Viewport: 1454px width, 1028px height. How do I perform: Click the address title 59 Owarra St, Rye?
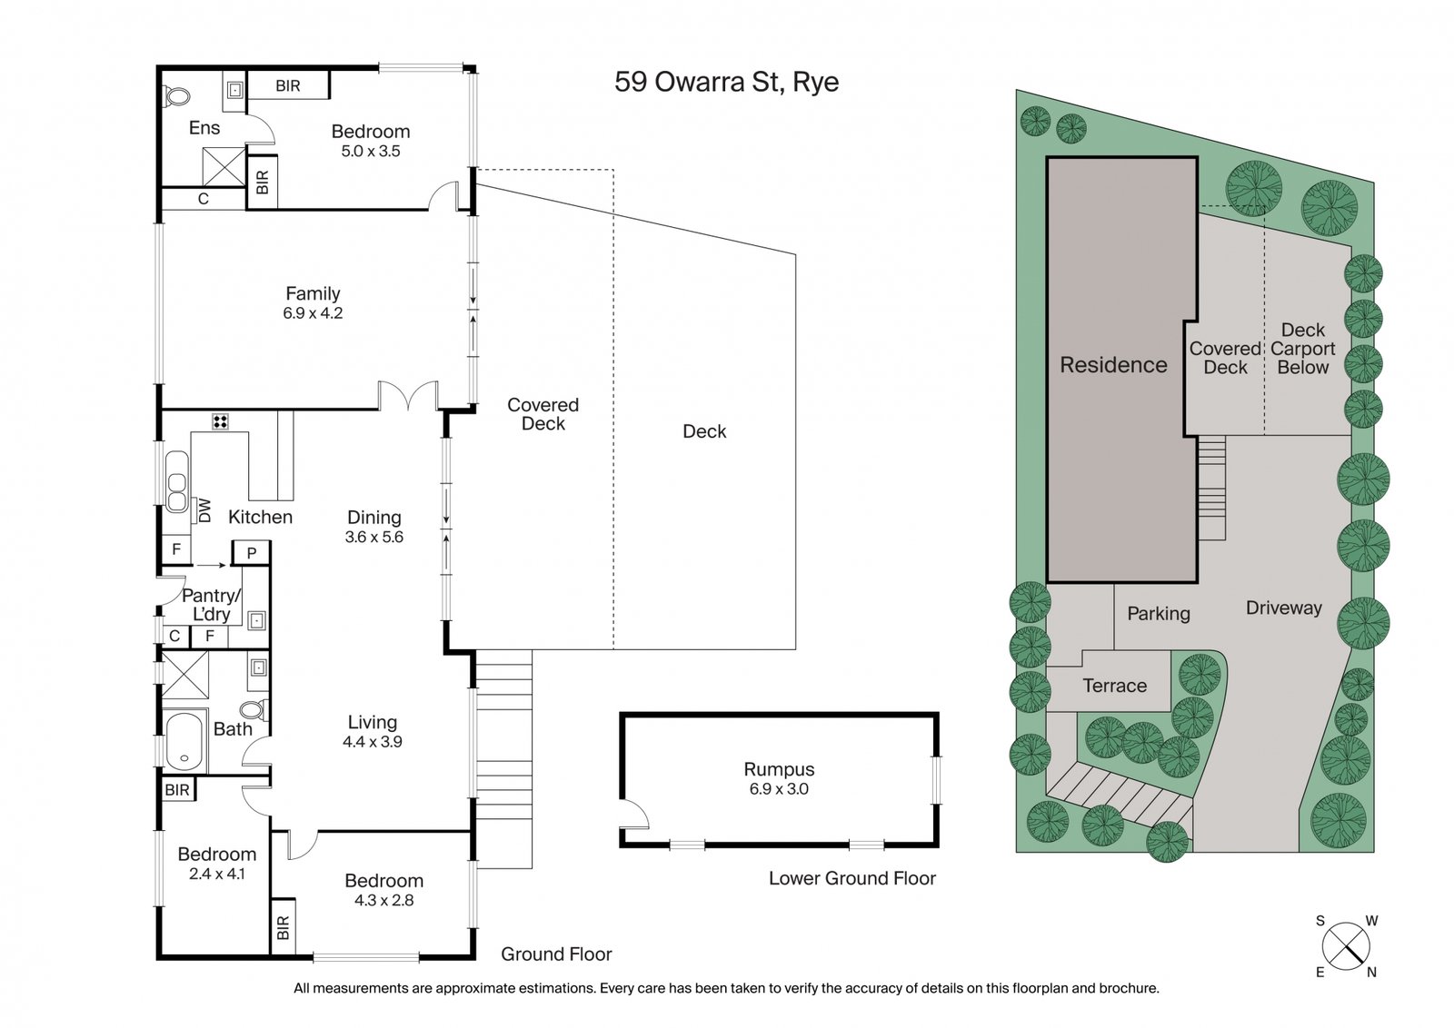[x=726, y=82]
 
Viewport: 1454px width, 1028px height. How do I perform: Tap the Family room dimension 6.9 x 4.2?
[x=313, y=313]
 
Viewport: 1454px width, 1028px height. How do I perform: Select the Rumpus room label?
[x=779, y=769]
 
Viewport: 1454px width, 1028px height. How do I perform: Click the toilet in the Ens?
[x=175, y=94]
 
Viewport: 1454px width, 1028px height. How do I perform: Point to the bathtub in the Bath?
[x=185, y=738]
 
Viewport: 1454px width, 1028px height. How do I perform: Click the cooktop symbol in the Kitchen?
[x=220, y=421]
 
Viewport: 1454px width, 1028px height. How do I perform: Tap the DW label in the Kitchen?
[x=204, y=510]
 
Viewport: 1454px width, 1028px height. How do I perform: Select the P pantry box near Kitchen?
[x=252, y=552]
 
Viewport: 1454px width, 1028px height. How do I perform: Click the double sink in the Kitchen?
[x=176, y=491]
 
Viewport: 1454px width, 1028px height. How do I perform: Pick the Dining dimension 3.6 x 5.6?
[x=373, y=537]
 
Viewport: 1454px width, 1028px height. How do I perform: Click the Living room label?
[x=373, y=722]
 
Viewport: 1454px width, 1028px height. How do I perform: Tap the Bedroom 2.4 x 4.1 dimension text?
[x=216, y=874]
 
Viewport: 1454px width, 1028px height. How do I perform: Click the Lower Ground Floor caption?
[x=851, y=878]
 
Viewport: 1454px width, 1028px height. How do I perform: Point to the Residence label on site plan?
[x=1113, y=365]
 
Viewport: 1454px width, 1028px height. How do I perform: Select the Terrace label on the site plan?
[x=1114, y=686]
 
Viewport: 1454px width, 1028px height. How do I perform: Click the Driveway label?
[x=1283, y=608]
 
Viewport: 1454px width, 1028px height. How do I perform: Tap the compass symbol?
[x=1346, y=945]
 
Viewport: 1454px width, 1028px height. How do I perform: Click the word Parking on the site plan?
[x=1158, y=614]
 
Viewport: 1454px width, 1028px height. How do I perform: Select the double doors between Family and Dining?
[x=409, y=397]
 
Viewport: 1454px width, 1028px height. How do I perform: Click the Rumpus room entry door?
[x=634, y=815]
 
